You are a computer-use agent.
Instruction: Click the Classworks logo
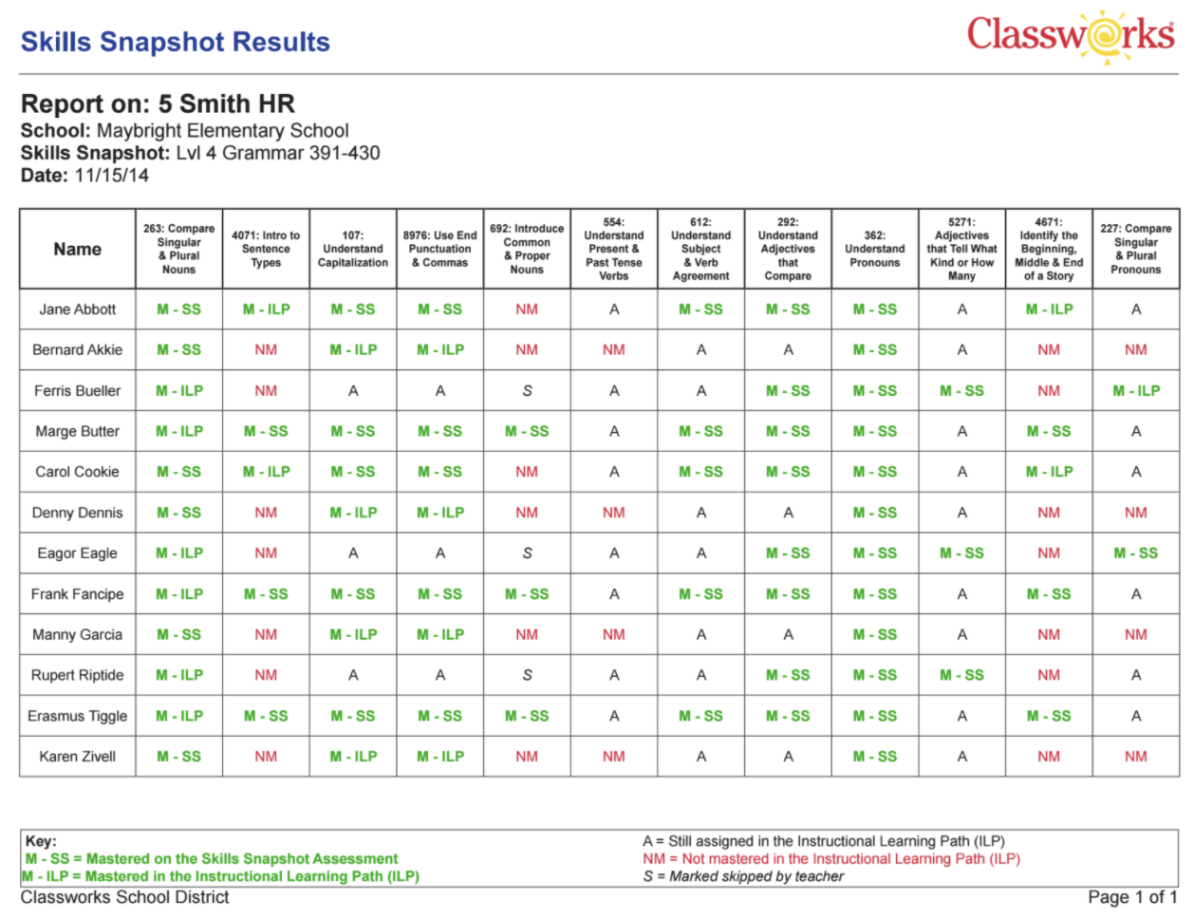(1071, 37)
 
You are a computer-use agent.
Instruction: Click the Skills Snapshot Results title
(176, 42)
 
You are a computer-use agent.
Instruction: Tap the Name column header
(78, 249)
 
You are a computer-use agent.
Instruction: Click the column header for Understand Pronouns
(874, 249)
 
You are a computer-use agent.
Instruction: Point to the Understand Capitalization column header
(353, 249)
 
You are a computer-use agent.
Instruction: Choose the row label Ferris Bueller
(78, 390)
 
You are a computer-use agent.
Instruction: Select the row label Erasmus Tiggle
(78, 716)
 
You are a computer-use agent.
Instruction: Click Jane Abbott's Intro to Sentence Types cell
(266, 309)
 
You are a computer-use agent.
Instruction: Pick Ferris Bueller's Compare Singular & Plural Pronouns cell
(1136, 390)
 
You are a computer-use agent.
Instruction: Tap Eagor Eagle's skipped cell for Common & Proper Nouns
(527, 553)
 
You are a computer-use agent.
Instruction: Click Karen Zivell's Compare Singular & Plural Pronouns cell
(1136, 757)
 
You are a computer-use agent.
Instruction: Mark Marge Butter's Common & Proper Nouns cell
(527, 431)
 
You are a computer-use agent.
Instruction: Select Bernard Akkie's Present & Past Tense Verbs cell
(614, 349)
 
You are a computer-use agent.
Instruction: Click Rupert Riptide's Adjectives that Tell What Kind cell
(961, 675)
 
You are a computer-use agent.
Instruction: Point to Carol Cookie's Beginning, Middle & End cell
(1049, 472)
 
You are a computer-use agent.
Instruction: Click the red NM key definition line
(831, 859)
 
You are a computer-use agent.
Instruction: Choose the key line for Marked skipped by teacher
(743, 876)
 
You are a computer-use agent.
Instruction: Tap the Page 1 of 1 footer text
(1131, 897)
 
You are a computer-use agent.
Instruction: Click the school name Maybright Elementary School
(222, 131)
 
